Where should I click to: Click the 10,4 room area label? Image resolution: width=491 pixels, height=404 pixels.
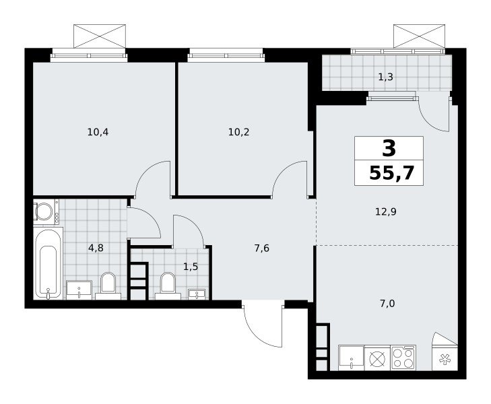pyautogui.click(x=98, y=133)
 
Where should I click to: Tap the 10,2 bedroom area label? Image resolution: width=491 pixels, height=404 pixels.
pyautogui.click(x=239, y=133)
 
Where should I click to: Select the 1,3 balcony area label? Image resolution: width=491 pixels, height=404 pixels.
pyautogui.click(x=386, y=77)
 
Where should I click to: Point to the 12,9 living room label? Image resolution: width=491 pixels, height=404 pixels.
pyautogui.click(x=386, y=212)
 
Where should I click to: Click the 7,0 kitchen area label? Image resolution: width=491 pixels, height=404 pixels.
pyautogui.click(x=387, y=304)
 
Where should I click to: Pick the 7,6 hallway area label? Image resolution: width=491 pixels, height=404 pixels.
pyautogui.click(x=262, y=248)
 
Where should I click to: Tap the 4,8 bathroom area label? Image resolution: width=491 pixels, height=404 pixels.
pyautogui.click(x=96, y=248)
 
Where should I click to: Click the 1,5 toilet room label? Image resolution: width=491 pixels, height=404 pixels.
pyautogui.click(x=191, y=267)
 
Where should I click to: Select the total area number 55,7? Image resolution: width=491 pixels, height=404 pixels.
pyautogui.click(x=392, y=173)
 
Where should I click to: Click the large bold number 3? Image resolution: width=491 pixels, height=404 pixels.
pyautogui.click(x=389, y=148)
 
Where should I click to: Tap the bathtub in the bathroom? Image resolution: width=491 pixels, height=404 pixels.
pyautogui.click(x=48, y=263)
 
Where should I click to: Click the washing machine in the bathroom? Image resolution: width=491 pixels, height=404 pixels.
pyautogui.click(x=46, y=211)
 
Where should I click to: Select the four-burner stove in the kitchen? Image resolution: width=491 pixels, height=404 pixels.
pyautogui.click(x=403, y=358)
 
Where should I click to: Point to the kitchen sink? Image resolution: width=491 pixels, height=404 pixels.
pyautogui.click(x=352, y=358)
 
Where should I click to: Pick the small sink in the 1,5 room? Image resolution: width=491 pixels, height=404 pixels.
pyautogui.click(x=197, y=294)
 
